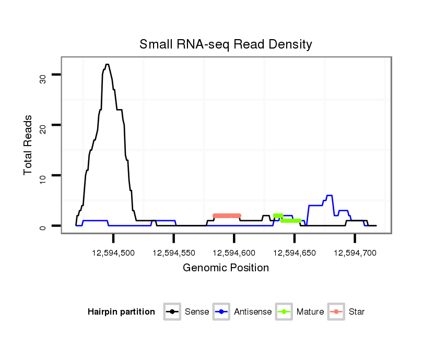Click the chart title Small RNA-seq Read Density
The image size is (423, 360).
pos(226,44)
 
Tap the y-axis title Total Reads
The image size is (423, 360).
pos(29,145)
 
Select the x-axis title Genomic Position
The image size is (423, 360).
pos(226,268)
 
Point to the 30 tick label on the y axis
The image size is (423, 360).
pos(43,78)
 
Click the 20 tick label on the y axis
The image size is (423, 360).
pos(43,128)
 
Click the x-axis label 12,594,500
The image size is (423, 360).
pos(113,253)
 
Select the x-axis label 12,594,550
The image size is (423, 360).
pos(174,253)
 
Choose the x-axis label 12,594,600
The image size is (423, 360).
pos(234,253)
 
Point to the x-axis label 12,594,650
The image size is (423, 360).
pos(295,253)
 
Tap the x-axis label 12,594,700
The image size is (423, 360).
pos(355,253)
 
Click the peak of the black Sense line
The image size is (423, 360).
pos(107,65)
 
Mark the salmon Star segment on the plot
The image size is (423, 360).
pos(227,215)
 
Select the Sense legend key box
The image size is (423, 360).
pos(172,312)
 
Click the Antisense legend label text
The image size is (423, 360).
pos(253,312)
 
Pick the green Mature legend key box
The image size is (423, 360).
pos(284,312)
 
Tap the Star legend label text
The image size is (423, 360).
pos(356,312)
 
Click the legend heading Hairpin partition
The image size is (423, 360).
pos(121,312)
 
